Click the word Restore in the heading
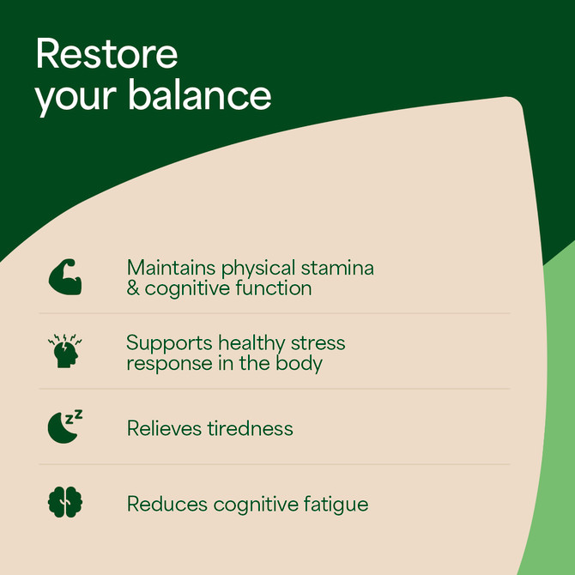click(x=106, y=53)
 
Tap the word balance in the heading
click(x=200, y=94)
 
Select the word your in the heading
click(x=76, y=99)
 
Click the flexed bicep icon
click(x=65, y=277)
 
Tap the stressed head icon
click(x=65, y=351)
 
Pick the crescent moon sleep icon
click(x=65, y=427)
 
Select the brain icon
click(x=65, y=502)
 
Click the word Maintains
click(x=171, y=268)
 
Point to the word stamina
click(x=337, y=268)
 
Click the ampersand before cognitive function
click(x=133, y=288)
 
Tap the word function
click(x=274, y=287)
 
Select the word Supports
click(x=169, y=344)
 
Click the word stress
click(x=318, y=343)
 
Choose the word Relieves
click(x=164, y=428)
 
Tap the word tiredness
click(x=250, y=428)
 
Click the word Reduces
click(x=167, y=504)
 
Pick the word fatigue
click(x=336, y=505)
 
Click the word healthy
click(x=251, y=344)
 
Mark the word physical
click(x=258, y=269)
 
